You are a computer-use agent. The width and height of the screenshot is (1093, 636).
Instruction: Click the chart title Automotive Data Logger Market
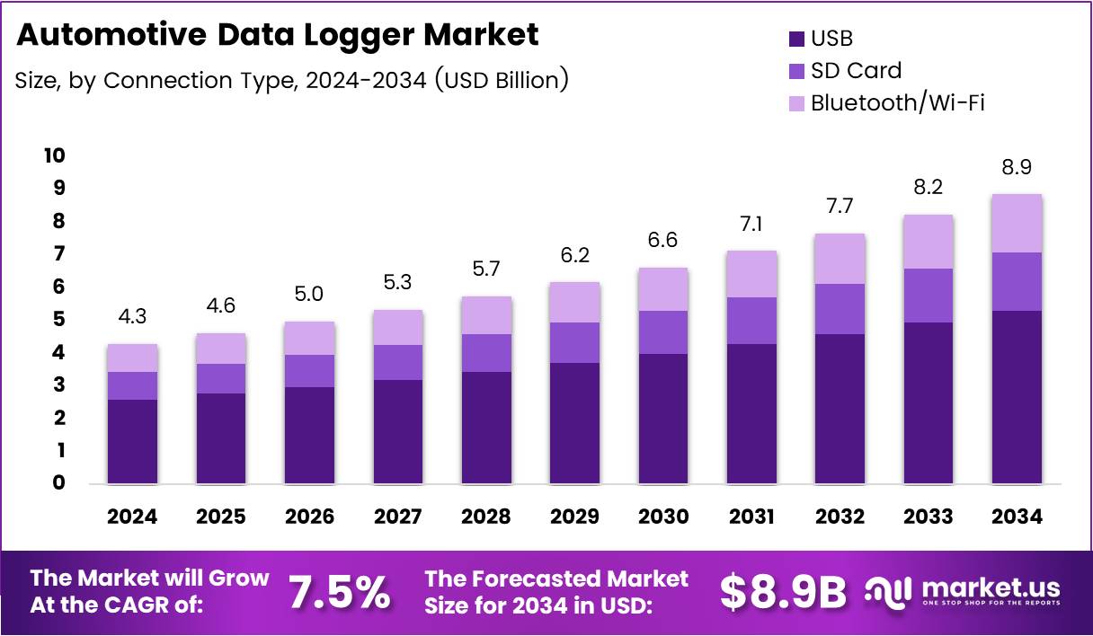click(x=278, y=35)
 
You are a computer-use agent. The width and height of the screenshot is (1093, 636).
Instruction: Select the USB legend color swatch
click(x=795, y=39)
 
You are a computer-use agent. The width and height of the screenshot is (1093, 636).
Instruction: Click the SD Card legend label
click(x=856, y=70)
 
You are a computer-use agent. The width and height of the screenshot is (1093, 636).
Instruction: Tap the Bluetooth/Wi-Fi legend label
click(x=897, y=102)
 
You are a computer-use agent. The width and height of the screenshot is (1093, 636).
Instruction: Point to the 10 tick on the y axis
click(x=54, y=155)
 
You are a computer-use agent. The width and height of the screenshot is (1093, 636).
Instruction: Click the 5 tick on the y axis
click(x=58, y=320)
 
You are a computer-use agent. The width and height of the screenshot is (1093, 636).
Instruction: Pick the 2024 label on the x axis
click(x=132, y=517)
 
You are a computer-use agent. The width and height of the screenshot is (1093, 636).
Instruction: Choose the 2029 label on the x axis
click(x=575, y=517)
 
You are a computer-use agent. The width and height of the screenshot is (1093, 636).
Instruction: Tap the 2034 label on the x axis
click(x=1017, y=517)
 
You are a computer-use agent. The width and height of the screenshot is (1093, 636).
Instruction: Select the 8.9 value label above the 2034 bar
click(x=1017, y=168)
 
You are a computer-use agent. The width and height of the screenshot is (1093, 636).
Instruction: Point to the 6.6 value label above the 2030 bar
click(x=663, y=242)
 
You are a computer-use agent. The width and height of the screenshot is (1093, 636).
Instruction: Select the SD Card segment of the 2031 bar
click(x=751, y=321)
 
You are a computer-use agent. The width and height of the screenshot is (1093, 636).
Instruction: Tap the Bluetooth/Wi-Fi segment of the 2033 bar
click(x=929, y=242)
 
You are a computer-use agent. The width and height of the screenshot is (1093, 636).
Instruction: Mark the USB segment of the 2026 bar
click(x=309, y=436)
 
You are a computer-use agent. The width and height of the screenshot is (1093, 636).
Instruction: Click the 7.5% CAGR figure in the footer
click(x=339, y=591)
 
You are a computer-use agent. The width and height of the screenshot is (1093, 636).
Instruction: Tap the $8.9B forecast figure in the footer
click(x=783, y=591)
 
